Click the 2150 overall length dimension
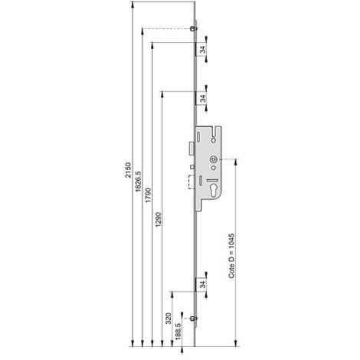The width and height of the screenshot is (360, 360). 129,170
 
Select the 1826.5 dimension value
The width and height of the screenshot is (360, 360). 138,182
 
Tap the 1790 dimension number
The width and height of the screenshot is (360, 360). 148,195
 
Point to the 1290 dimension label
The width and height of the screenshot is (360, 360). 159,220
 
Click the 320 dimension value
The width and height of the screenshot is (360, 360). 169,319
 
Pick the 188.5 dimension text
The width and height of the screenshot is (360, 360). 178,332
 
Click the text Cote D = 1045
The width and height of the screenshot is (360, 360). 231,256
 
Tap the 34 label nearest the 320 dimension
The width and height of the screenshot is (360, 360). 202,284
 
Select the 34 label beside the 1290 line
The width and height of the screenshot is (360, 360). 202,98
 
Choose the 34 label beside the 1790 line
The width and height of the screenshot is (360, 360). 202,49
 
